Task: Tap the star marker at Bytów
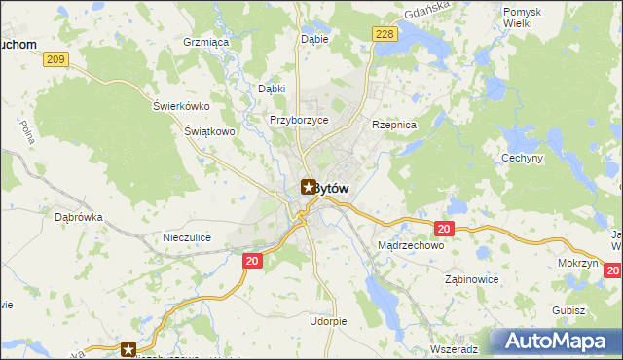pos(308,186)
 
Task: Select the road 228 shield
pos(385,34)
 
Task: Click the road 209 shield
pos(56,60)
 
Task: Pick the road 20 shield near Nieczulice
pos(251,260)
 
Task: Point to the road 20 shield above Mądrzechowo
pos(444,228)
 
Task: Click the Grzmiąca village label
pos(205,43)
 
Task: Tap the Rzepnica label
pos(394,126)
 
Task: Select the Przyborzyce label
pos(299,120)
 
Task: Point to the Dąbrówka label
pos(79,218)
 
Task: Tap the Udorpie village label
pos(327,320)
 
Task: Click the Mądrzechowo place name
pos(410,247)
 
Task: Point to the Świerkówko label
pos(182,106)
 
